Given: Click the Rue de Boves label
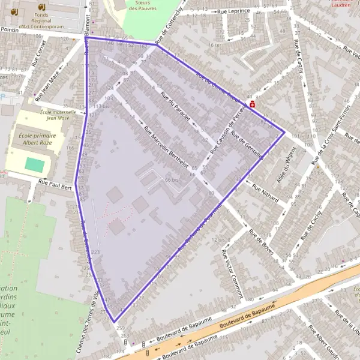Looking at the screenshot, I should (261, 242).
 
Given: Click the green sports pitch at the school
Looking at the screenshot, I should (35, 164).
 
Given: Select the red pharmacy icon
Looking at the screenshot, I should (253, 104).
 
